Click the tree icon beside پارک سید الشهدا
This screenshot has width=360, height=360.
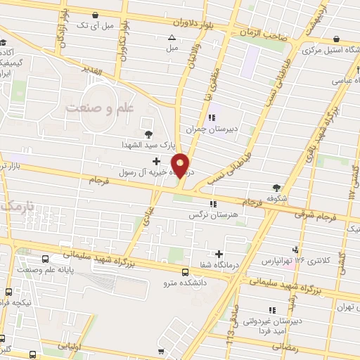(x=148, y=134)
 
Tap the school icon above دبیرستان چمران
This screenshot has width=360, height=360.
(x=212, y=118)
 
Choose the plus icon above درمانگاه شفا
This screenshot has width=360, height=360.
(x=219, y=254)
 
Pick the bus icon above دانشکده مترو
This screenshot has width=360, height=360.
(x=185, y=272)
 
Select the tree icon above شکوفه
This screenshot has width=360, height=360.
(x=276, y=188)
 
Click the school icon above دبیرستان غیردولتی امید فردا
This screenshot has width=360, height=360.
(x=271, y=309)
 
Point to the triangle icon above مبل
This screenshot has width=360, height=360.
(x=172, y=38)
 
